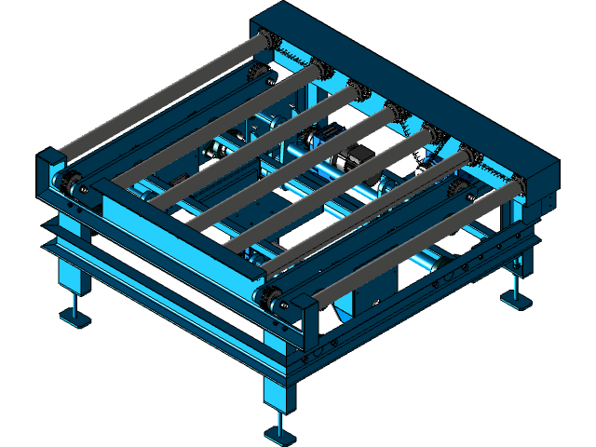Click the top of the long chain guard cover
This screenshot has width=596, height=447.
[x=410, y=84]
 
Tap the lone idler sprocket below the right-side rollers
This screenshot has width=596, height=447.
[x=456, y=191]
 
